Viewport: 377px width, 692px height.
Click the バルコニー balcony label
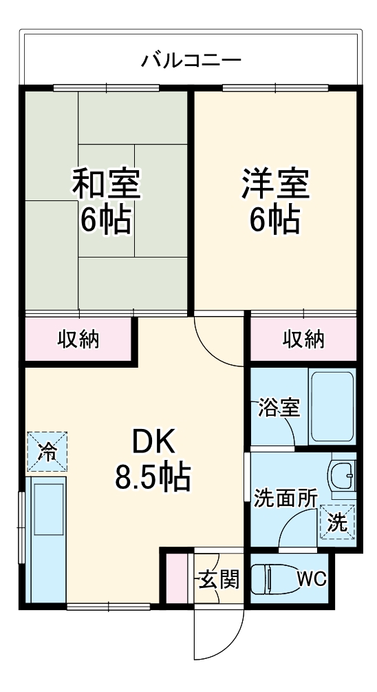pyautogui.click(x=191, y=60)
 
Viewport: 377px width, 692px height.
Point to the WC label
pyautogui.click(x=312, y=579)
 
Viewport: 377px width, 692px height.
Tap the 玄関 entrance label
pyautogui.click(x=219, y=579)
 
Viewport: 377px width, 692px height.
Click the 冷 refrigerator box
pyautogui.click(x=47, y=452)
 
